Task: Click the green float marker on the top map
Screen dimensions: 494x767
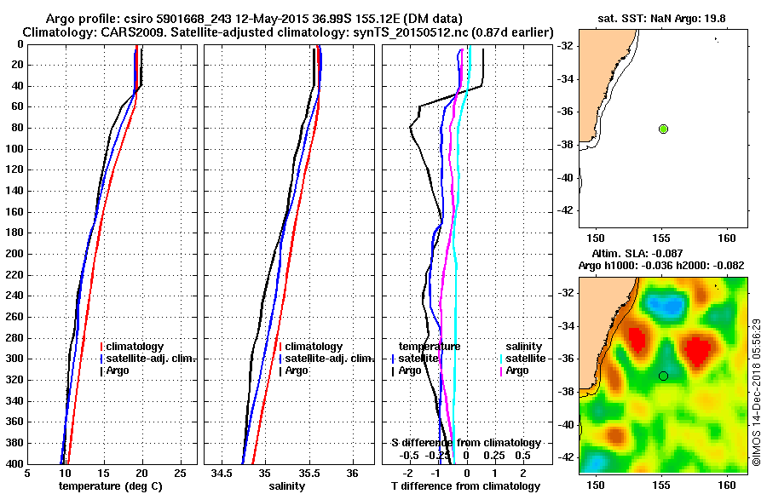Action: tap(663, 129)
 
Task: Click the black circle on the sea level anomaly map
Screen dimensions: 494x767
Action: tap(663, 376)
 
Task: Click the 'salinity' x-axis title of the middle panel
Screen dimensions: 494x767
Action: tap(286, 486)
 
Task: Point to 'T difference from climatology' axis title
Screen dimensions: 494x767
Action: tap(465, 486)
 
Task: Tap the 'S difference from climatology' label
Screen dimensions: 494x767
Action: tap(465, 443)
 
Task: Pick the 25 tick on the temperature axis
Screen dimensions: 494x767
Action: tap(180, 474)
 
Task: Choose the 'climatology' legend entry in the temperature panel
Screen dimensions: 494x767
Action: tap(136, 348)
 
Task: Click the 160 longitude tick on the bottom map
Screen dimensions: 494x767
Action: tap(727, 484)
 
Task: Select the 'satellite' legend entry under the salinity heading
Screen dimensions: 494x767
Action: tap(523, 359)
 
